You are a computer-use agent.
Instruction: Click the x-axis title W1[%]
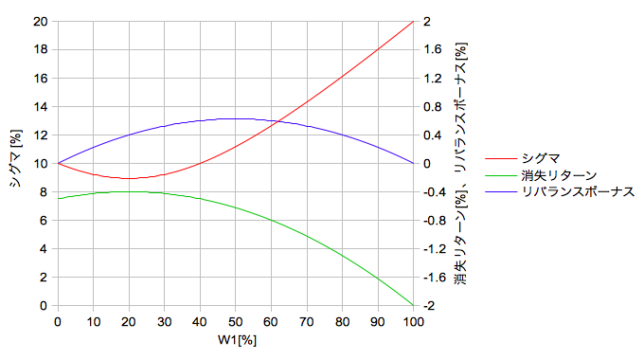[x=237, y=340]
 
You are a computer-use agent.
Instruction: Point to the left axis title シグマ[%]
[x=15, y=158]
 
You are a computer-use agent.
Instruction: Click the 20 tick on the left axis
[x=40, y=22]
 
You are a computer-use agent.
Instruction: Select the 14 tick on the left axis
[x=40, y=107]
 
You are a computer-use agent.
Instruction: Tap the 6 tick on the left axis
[x=44, y=221]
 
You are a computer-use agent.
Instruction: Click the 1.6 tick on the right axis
[x=432, y=49]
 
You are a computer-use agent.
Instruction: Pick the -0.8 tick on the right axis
[x=435, y=221]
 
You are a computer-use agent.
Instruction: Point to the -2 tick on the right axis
[x=429, y=306]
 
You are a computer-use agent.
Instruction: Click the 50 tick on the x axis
[x=235, y=322]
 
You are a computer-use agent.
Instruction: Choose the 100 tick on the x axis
[x=413, y=322]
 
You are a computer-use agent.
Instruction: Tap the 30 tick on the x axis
[x=164, y=322]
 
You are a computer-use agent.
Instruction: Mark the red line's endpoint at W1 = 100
[x=413, y=22]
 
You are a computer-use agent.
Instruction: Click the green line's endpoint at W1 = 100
[x=413, y=305]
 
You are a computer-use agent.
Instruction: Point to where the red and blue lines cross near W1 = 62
[x=278, y=121]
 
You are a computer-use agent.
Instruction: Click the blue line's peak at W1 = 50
[x=235, y=118]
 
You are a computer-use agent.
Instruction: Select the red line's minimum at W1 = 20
[x=129, y=178]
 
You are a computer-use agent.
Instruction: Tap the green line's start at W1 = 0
[x=58, y=199]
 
